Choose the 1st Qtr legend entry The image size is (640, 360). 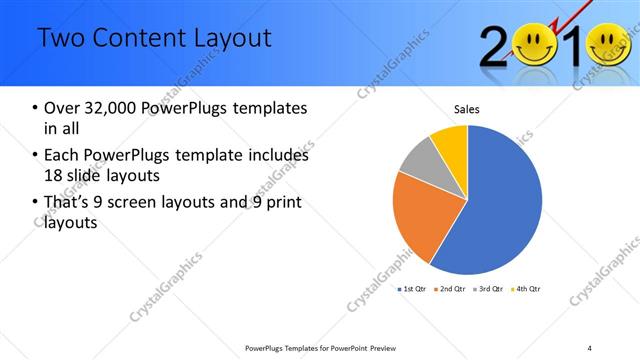pyautogui.click(x=415, y=289)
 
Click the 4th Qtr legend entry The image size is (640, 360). pyautogui.click(x=528, y=289)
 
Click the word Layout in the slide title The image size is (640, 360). pyautogui.click(x=224, y=38)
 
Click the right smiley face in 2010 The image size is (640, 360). pyautogui.click(x=609, y=45)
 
